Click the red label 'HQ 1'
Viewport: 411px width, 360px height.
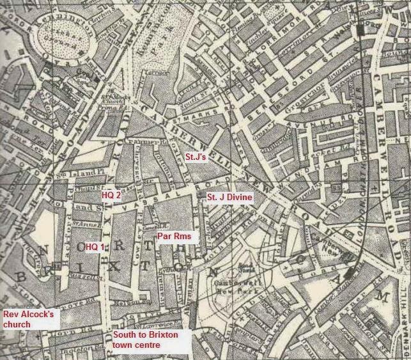(x=95, y=246)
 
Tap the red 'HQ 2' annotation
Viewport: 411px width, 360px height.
(x=112, y=195)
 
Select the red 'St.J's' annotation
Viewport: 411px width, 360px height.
(x=194, y=157)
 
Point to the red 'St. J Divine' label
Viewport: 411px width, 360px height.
(x=229, y=199)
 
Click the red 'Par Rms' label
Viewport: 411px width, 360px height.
(x=173, y=237)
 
